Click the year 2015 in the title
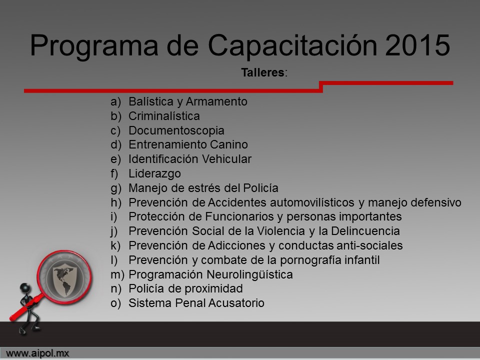coord(417,45)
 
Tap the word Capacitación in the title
coord(292,45)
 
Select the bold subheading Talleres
coord(262,72)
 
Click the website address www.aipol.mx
coord(37,353)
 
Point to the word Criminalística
coord(164,116)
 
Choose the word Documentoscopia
coord(176,130)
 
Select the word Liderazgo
coord(154,173)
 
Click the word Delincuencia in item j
coord(365,231)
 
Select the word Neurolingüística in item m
coord(250,274)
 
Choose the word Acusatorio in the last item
coord(236,303)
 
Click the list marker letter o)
coord(115,303)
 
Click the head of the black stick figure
coord(25,288)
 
